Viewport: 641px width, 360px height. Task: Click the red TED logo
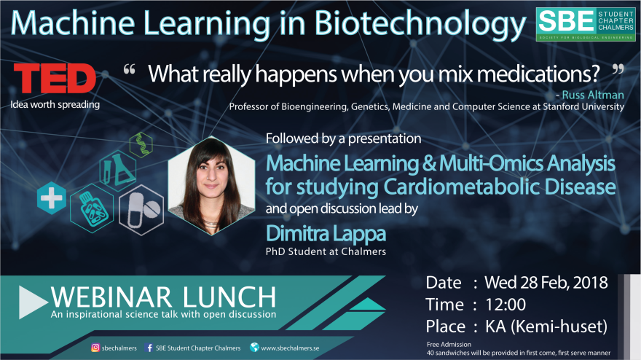click(x=55, y=78)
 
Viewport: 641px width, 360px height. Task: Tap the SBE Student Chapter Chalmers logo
click(x=586, y=25)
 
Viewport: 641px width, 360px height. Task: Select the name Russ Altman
click(x=593, y=95)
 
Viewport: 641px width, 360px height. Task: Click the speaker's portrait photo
click(x=211, y=186)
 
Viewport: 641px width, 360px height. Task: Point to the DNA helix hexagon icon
click(x=141, y=145)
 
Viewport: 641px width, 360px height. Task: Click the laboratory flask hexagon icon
click(x=118, y=171)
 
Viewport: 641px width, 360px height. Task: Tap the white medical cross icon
click(x=52, y=198)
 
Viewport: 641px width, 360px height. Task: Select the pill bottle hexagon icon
click(x=92, y=208)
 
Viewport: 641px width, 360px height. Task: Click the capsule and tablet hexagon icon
click(x=141, y=210)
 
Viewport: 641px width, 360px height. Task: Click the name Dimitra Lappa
click(x=326, y=234)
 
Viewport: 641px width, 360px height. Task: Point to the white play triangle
click(x=33, y=302)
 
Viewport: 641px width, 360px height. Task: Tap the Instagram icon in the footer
click(x=95, y=348)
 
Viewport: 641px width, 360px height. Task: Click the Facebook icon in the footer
click(x=149, y=348)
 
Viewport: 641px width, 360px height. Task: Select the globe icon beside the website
click(x=254, y=348)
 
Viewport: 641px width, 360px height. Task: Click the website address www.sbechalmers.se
click(x=290, y=348)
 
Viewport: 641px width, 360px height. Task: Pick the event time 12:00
click(x=506, y=305)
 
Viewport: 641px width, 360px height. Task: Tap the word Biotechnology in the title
click(x=420, y=23)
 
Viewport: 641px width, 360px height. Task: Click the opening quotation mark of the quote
click(x=129, y=69)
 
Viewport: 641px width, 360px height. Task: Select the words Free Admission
click(x=449, y=345)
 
